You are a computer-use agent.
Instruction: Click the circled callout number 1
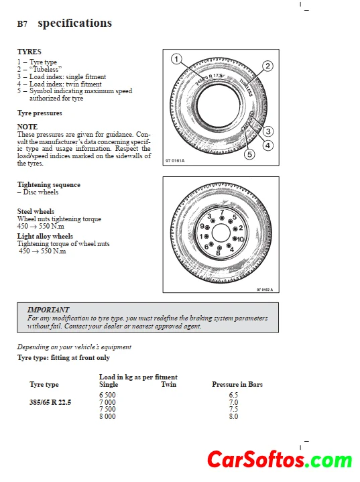tap(176, 59)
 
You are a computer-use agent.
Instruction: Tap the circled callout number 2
tap(267, 66)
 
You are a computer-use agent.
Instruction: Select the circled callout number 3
tap(268, 131)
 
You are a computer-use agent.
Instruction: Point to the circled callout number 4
tap(267, 145)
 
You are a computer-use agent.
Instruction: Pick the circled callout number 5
tap(249, 154)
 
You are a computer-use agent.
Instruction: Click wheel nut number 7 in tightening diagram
tap(222, 218)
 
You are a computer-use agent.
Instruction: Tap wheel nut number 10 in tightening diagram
tap(235, 239)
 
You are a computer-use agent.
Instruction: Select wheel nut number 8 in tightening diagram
tap(219, 248)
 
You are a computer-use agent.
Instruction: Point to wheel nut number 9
tap(207, 227)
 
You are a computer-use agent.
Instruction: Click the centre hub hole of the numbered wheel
tap(221, 233)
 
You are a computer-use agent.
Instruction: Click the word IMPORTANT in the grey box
tap(48, 310)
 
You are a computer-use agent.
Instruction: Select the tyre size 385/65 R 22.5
tap(50, 402)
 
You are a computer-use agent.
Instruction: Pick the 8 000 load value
tap(107, 416)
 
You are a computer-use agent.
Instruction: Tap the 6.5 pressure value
tap(233, 395)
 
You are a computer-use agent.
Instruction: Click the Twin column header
tap(169, 384)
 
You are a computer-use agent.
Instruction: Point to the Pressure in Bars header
tap(237, 384)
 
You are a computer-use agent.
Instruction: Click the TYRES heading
tap(29, 52)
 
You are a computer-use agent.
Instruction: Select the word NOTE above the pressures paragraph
tap(27, 127)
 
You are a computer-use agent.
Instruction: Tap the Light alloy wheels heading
tap(45, 236)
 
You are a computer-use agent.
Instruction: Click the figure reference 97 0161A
tap(175, 161)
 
